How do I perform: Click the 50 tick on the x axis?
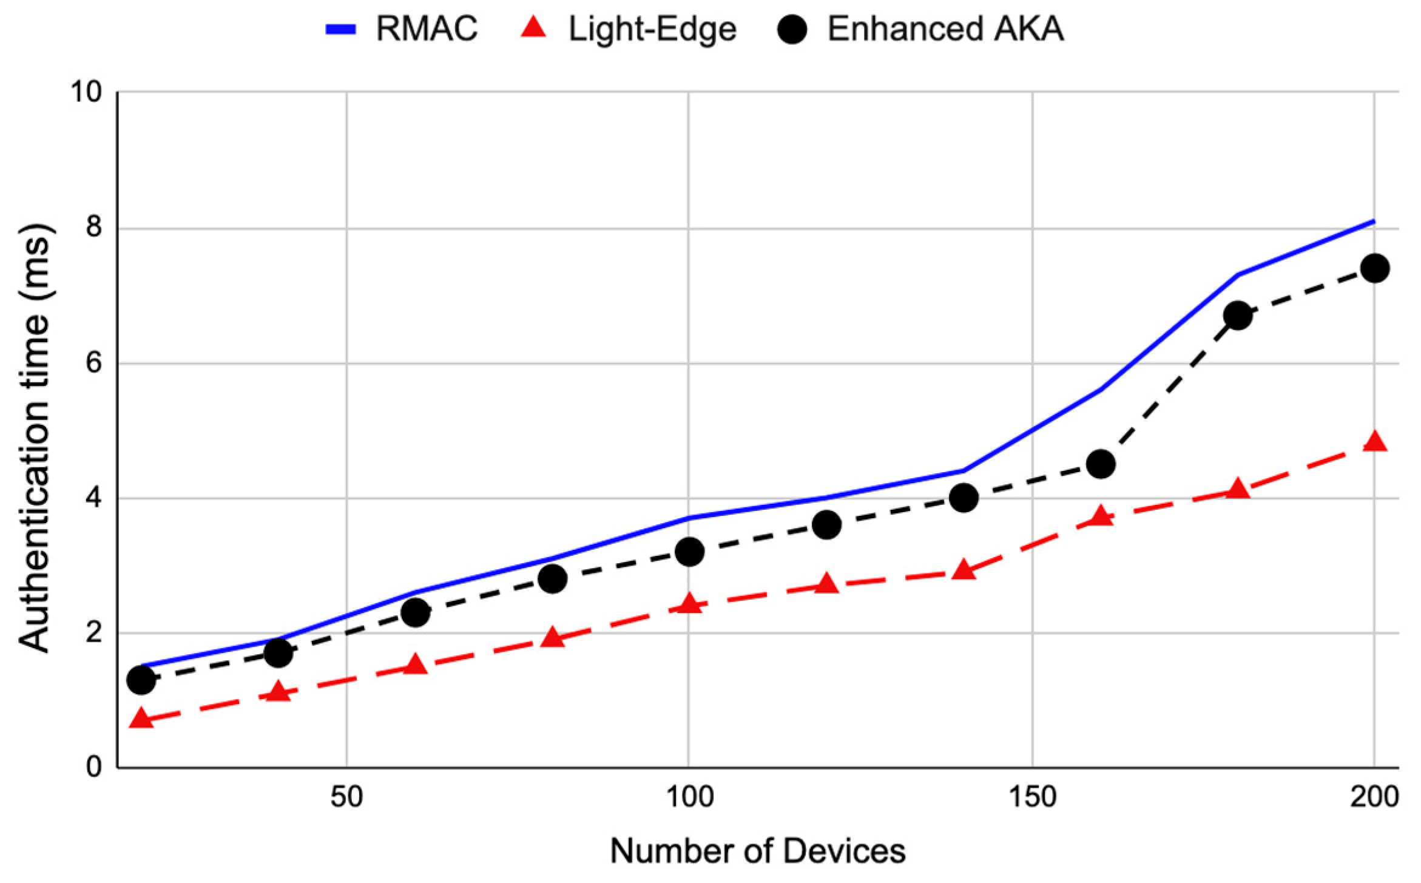[x=346, y=797]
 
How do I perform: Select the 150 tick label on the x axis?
[x=1032, y=797]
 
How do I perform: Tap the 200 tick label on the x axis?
[x=1374, y=797]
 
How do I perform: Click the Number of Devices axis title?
[x=757, y=851]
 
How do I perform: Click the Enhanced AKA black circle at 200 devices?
[x=1374, y=268]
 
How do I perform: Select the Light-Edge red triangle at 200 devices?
[x=1374, y=442]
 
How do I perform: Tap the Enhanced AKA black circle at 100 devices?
[x=689, y=552]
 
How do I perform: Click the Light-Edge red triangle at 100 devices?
[x=689, y=604]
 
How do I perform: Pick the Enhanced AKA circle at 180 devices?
[x=1238, y=316]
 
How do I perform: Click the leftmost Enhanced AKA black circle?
[x=141, y=680]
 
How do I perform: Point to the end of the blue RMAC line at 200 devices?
[x=1373, y=222]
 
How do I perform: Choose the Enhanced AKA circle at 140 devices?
[x=964, y=498]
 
